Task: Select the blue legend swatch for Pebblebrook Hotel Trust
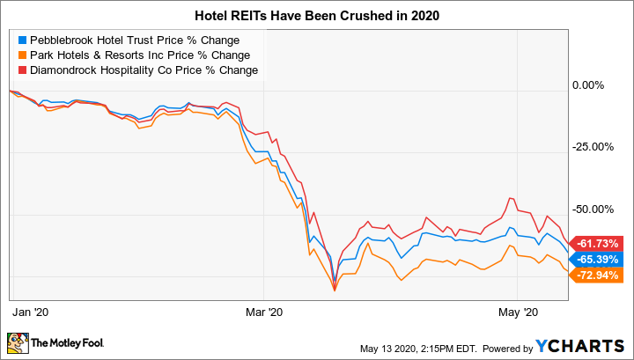[x=21, y=40]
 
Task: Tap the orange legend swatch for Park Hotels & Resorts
[x=21, y=55]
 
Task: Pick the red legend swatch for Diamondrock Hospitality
[x=21, y=70]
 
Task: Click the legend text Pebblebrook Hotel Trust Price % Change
[x=134, y=40]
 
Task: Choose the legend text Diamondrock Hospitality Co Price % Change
[x=144, y=70]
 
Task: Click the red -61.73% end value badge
[x=600, y=243]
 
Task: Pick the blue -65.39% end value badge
[x=600, y=260]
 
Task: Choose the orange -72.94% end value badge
[x=600, y=276]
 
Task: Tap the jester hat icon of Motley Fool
[x=17, y=342]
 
